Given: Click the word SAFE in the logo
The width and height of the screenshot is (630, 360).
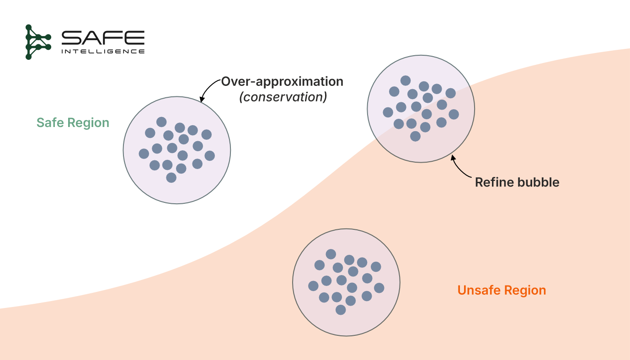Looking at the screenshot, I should (103, 37).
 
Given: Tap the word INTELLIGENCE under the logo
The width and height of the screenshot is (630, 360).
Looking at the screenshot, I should (103, 51).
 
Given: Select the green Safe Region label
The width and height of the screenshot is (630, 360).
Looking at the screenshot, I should (73, 123).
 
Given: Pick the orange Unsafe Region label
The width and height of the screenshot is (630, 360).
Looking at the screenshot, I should (502, 291).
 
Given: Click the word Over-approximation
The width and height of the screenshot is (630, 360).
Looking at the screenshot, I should (282, 82).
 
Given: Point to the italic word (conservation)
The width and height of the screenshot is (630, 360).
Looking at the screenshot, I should (283, 97).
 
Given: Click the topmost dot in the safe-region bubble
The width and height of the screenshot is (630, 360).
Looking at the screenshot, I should (161, 122).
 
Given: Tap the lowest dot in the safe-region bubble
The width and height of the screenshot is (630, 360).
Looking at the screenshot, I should (171, 178).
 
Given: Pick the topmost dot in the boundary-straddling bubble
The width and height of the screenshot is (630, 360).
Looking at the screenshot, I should (406, 80).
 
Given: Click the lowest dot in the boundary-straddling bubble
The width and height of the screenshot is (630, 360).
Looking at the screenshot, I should (415, 136).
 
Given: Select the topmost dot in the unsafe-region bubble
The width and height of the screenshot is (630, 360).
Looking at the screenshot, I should (331, 254).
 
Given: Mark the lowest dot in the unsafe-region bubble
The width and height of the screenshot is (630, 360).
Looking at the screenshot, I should (341, 310).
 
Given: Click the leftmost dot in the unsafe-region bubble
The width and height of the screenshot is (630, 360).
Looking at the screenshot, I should (313, 286).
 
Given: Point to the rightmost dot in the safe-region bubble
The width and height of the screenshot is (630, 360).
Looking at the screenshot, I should (210, 156).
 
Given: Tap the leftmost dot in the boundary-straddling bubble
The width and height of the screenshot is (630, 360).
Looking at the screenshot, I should (388, 112).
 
